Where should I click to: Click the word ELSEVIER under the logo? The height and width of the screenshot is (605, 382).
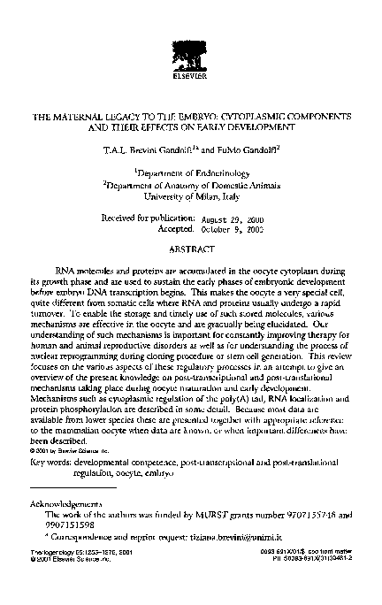(x=190, y=77)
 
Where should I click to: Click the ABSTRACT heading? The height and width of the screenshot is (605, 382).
(x=191, y=249)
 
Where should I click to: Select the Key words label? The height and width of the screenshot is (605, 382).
(x=48, y=463)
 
